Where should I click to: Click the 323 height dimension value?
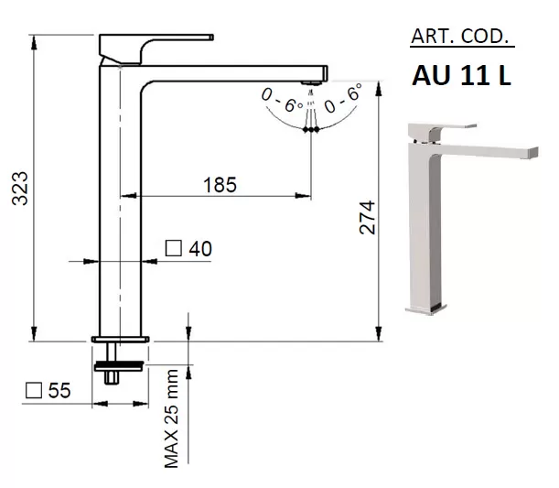[x=20, y=189]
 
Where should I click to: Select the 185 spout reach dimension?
[x=220, y=185]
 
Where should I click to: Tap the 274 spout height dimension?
[x=367, y=217]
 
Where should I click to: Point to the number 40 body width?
[x=200, y=249]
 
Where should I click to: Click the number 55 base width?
[x=59, y=390]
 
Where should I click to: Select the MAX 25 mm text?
[x=171, y=418]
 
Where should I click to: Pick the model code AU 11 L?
[x=462, y=76]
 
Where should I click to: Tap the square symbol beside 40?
[x=174, y=248]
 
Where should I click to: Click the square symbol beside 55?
[x=34, y=390]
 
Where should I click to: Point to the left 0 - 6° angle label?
[x=282, y=100]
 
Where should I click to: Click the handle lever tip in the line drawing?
[x=211, y=38]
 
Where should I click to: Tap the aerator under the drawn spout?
[x=312, y=83]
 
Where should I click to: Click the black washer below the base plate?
[x=119, y=366]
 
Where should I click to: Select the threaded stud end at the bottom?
[x=112, y=378]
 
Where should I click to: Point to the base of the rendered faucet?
[x=426, y=310]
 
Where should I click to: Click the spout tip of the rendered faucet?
[x=533, y=153]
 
